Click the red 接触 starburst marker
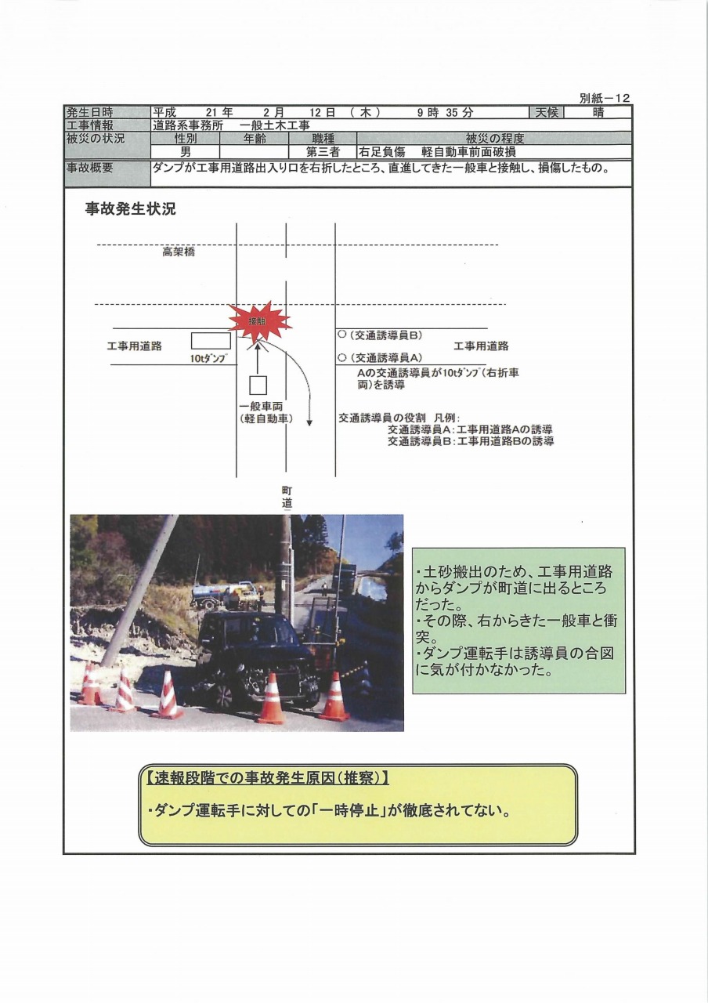tap(258, 320)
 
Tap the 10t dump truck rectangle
tap(211, 341)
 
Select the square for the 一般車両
tap(258, 385)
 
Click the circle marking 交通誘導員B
tap(342, 335)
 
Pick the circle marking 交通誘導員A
tap(342, 357)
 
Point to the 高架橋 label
tap(179, 252)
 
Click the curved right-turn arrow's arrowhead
tap(309, 422)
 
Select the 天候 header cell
tap(547, 113)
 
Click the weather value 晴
tap(599, 113)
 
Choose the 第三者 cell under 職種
tap(323, 152)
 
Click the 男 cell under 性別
tap(185, 152)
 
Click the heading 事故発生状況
tap(131, 209)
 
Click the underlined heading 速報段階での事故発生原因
tap(267, 779)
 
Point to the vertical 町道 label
tap(287, 498)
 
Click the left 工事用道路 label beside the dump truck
tap(134, 346)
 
